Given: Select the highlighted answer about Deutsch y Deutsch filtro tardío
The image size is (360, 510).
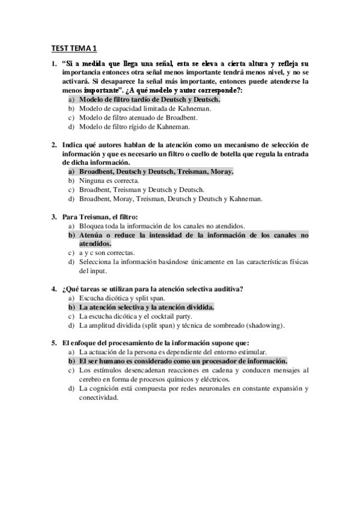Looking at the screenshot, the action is click(150, 99).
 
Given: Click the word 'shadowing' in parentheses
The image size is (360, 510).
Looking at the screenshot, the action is click(263, 325).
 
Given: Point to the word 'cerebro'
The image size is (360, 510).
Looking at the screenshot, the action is click(91, 379).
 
